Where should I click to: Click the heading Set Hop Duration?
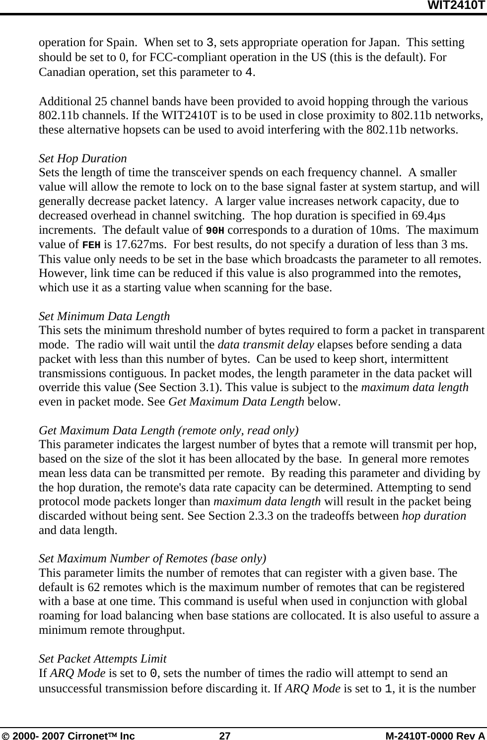pos(83,159)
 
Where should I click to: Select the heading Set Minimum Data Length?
pos(104,316)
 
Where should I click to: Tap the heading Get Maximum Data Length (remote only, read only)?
pos(169,430)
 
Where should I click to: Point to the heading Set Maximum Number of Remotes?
pos(152,559)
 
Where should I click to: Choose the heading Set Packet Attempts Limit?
pos(103,659)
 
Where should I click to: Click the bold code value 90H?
pos(215,230)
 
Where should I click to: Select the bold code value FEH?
pos(92,245)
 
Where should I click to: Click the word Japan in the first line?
pos(384,43)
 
